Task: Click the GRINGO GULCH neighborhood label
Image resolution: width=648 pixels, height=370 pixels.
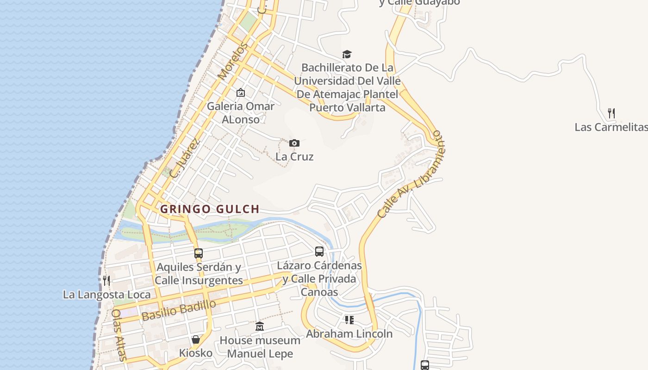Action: [210, 209]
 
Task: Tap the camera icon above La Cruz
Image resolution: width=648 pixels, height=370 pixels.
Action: [294, 143]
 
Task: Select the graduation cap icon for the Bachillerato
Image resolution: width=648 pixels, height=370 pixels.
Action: [347, 55]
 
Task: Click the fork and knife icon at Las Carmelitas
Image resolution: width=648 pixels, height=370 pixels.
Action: [611, 113]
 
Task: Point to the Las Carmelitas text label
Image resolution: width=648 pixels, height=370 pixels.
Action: [611, 127]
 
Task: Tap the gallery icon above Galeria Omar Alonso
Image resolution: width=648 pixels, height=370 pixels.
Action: [240, 93]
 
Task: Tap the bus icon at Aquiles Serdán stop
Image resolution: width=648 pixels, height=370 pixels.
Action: [199, 253]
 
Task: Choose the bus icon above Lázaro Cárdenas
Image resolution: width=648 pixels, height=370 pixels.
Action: [319, 252]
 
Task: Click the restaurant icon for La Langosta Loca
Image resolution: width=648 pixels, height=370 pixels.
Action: [106, 280]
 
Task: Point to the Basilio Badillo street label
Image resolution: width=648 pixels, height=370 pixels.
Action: [179, 310]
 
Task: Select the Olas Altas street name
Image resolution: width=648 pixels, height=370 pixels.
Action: [118, 334]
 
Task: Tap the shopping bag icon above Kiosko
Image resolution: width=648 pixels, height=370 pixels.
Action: [196, 340]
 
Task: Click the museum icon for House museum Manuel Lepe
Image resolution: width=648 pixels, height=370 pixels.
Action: [260, 327]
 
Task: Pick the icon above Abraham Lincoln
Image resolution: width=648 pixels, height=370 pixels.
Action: [349, 320]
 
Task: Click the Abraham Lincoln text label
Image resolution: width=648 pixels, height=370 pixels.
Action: [349, 334]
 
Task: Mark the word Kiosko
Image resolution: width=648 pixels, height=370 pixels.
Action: [196, 353]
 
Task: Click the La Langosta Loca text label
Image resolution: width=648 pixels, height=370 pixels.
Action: [106, 295]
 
